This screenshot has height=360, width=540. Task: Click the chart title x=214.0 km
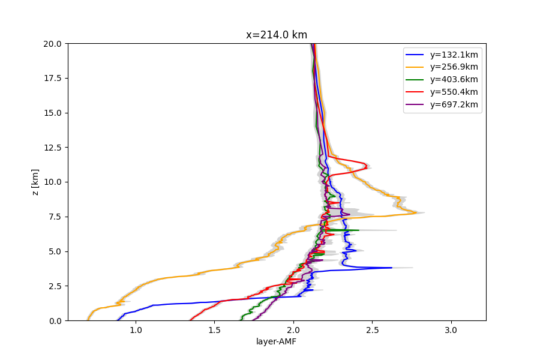point(277,35)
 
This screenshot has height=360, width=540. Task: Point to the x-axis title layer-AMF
point(277,342)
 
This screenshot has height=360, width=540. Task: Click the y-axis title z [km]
point(35,182)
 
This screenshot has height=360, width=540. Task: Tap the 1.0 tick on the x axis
point(136,329)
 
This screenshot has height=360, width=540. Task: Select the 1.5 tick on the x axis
point(215,329)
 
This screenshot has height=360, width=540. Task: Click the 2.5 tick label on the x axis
point(372,329)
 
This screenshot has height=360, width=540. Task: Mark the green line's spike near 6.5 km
point(358,230)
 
